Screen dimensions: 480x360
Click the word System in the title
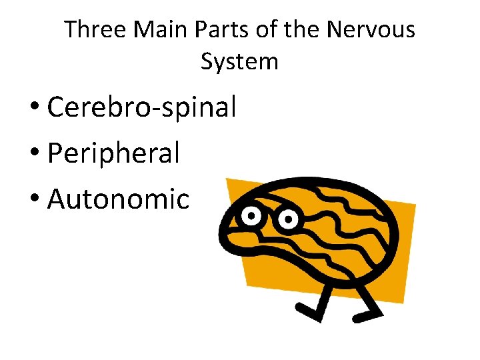239,62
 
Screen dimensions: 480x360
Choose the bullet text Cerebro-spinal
142,108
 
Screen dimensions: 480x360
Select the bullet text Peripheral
114,153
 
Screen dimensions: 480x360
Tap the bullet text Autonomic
119,199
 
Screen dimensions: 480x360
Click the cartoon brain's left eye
251,215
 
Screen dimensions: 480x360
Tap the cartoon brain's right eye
287,218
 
